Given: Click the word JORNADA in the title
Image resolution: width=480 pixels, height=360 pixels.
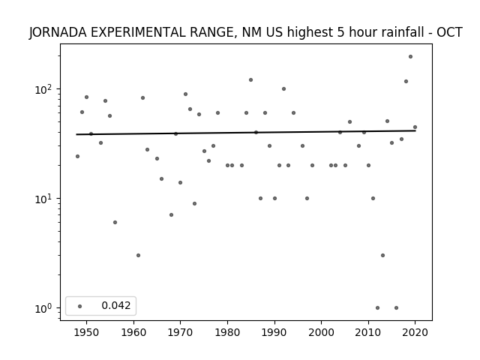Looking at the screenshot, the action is (58, 32).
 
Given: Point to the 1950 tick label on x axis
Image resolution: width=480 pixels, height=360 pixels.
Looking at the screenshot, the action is (86, 332).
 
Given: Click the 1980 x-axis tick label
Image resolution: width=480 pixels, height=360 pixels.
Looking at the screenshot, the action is (227, 332).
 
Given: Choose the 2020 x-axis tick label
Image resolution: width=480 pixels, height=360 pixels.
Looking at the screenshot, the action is (415, 332).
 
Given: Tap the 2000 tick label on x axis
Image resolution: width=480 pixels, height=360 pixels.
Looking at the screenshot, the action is (321, 332).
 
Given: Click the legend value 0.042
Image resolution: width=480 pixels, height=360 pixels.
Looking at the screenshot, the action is (116, 305).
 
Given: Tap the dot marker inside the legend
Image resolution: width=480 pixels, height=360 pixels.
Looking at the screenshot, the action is (80, 306).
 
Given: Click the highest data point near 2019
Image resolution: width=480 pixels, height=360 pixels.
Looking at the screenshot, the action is (410, 57).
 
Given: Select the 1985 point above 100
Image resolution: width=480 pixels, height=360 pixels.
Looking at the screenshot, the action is (250, 80).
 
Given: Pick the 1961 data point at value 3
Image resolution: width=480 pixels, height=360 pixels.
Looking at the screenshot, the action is (138, 255).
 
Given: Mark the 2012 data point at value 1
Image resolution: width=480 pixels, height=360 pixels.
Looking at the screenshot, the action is (377, 308).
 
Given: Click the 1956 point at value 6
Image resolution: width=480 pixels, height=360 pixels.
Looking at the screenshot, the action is (115, 222).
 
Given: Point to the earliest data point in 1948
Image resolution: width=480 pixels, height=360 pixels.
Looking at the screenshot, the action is (77, 157).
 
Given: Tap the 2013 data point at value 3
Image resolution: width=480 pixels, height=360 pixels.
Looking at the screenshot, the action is (382, 255).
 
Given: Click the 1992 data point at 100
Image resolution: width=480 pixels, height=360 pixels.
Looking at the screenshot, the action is (283, 88).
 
